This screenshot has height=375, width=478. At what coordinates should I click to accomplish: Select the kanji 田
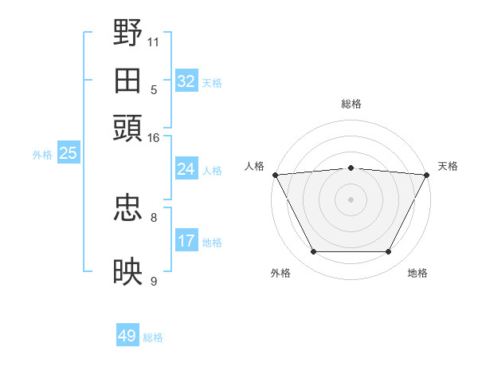[128, 81]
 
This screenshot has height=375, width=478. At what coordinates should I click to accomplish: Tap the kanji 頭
[128, 128]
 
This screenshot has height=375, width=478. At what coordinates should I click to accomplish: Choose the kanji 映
[128, 272]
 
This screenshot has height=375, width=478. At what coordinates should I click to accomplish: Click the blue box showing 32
[186, 81]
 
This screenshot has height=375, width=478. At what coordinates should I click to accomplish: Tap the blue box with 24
[186, 169]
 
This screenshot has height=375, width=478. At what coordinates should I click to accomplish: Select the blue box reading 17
[186, 241]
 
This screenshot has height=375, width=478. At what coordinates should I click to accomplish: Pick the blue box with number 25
[68, 153]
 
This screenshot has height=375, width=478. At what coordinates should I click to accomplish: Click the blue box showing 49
[127, 336]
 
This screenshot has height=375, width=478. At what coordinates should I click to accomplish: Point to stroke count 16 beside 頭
[154, 139]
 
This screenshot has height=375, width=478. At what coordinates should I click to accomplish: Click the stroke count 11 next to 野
[154, 40]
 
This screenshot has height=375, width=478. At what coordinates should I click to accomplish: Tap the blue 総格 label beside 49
[154, 337]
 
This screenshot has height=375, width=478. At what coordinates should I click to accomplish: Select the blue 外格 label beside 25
[42, 155]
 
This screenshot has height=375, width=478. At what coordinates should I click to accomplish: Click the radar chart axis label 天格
[448, 166]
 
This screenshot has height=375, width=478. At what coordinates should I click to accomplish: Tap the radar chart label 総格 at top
[351, 104]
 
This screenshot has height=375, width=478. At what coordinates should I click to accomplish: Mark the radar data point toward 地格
[389, 252]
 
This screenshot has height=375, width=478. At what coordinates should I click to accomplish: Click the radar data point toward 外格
[313, 252]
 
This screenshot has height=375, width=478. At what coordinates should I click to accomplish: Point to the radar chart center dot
[351, 199]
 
